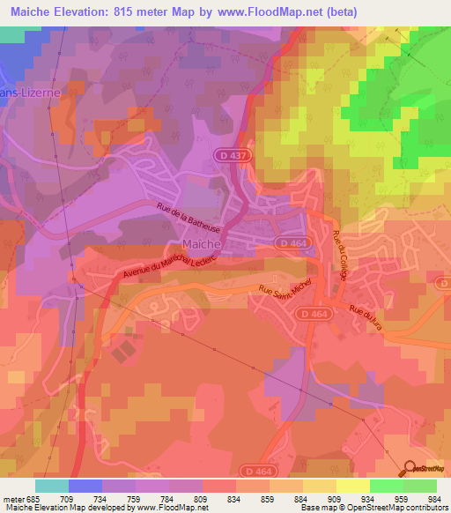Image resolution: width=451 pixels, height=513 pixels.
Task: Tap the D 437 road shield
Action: tap(225, 155)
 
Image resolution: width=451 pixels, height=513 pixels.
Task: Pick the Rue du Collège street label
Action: tap(339, 256)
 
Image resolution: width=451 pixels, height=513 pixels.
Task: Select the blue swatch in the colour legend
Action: tap(85, 486)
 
